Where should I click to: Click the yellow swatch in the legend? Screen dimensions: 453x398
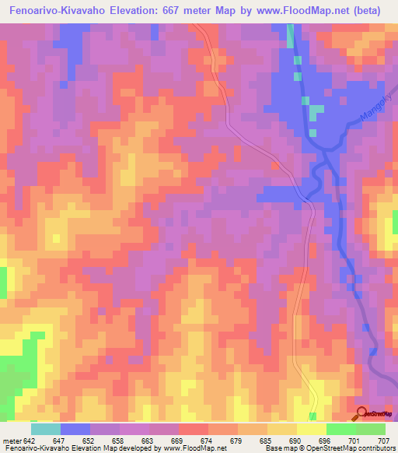click(x=311, y=428)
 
